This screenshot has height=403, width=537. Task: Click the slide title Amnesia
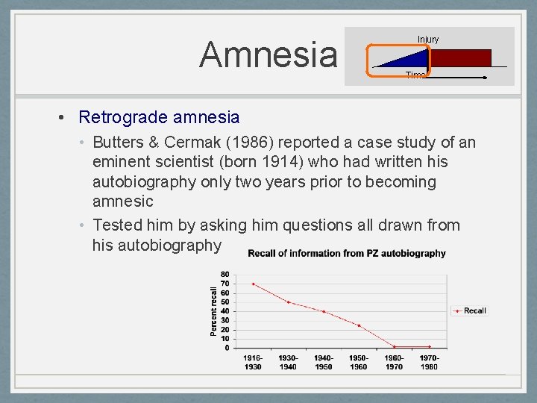click(x=268, y=54)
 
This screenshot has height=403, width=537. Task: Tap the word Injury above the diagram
click(x=428, y=39)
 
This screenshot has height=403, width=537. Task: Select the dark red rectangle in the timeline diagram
click(x=461, y=58)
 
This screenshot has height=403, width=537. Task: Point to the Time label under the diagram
click(x=415, y=75)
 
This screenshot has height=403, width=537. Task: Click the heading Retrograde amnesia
click(x=159, y=117)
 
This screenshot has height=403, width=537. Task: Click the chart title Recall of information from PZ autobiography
click(x=347, y=253)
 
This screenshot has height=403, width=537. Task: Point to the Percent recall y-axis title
click(x=214, y=310)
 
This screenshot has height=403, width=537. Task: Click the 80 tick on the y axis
click(x=224, y=274)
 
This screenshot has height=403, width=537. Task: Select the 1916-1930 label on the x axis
click(x=253, y=362)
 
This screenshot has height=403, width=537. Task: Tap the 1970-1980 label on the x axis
click(x=429, y=362)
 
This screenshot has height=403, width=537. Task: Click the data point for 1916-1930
click(x=253, y=284)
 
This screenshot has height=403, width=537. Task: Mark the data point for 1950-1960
click(x=359, y=325)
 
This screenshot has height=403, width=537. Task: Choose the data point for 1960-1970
click(x=394, y=346)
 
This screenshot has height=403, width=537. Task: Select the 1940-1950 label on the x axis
click(x=323, y=362)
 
